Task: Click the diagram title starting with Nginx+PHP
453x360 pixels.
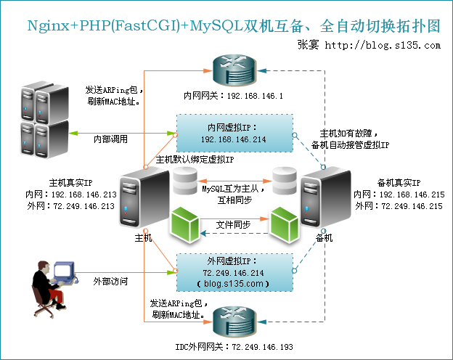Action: (233, 25)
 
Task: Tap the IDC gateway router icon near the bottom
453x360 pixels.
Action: (232, 320)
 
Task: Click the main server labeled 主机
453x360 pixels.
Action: (140, 200)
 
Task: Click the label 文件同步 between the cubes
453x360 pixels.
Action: (234, 225)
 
